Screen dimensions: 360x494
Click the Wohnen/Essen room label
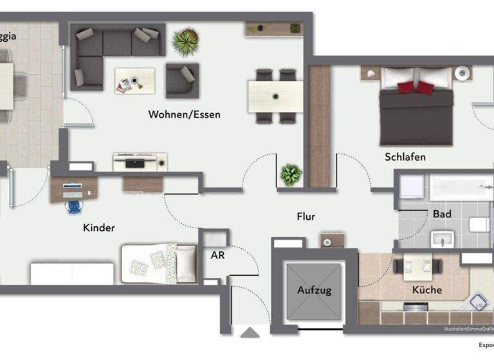click(x=184, y=115)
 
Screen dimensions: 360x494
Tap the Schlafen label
click(x=405, y=157)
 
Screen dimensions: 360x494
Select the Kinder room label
click(x=99, y=228)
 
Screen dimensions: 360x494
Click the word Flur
click(x=306, y=217)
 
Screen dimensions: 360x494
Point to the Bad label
click(x=442, y=214)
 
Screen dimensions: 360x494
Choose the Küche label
click(x=428, y=290)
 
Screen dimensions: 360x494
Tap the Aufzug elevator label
click(x=314, y=290)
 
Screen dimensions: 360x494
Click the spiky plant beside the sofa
click(x=185, y=42)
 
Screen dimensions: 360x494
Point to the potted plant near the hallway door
click(x=291, y=174)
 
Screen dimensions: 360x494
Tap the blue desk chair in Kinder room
click(x=75, y=206)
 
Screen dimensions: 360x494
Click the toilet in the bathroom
click(x=479, y=225)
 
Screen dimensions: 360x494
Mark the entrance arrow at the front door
click(x=250, y=332)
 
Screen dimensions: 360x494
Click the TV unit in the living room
click(x=140, y=161)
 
